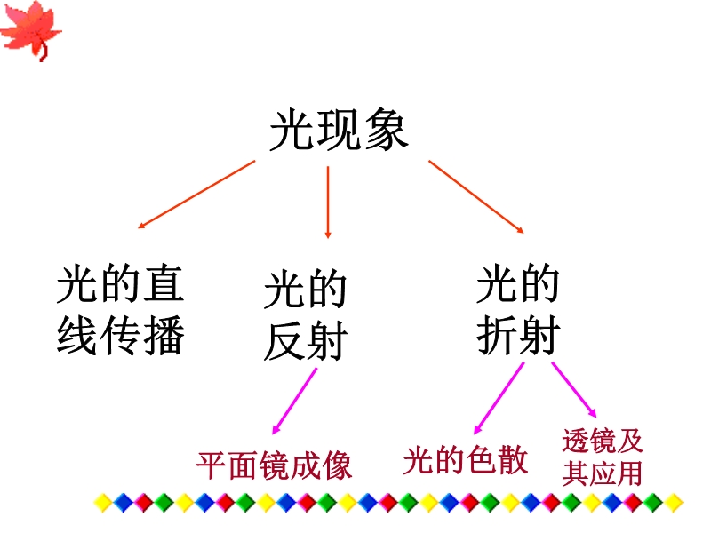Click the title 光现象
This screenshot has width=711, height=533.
coord(339,131)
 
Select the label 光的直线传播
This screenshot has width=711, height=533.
coord(120,310)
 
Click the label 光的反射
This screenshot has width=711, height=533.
coord(304,317)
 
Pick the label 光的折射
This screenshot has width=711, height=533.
coord(517,311)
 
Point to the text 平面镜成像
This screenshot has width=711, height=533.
coord(274,465)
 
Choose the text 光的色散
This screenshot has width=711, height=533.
coord(466,459)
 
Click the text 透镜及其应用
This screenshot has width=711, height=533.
coord(602,457)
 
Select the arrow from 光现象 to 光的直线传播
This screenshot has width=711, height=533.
coord(196,195)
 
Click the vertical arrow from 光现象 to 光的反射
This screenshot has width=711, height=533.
coord(328,202)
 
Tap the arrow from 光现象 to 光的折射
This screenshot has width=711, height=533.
coord(475,196)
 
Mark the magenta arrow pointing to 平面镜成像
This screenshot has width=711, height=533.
coord(294,400)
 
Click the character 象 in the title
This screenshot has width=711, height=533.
coord(386,131)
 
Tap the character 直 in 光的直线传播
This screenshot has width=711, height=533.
coord(163,283)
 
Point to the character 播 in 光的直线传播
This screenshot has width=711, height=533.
coord(163,337)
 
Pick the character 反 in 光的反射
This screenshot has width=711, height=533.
coord(284,344)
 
